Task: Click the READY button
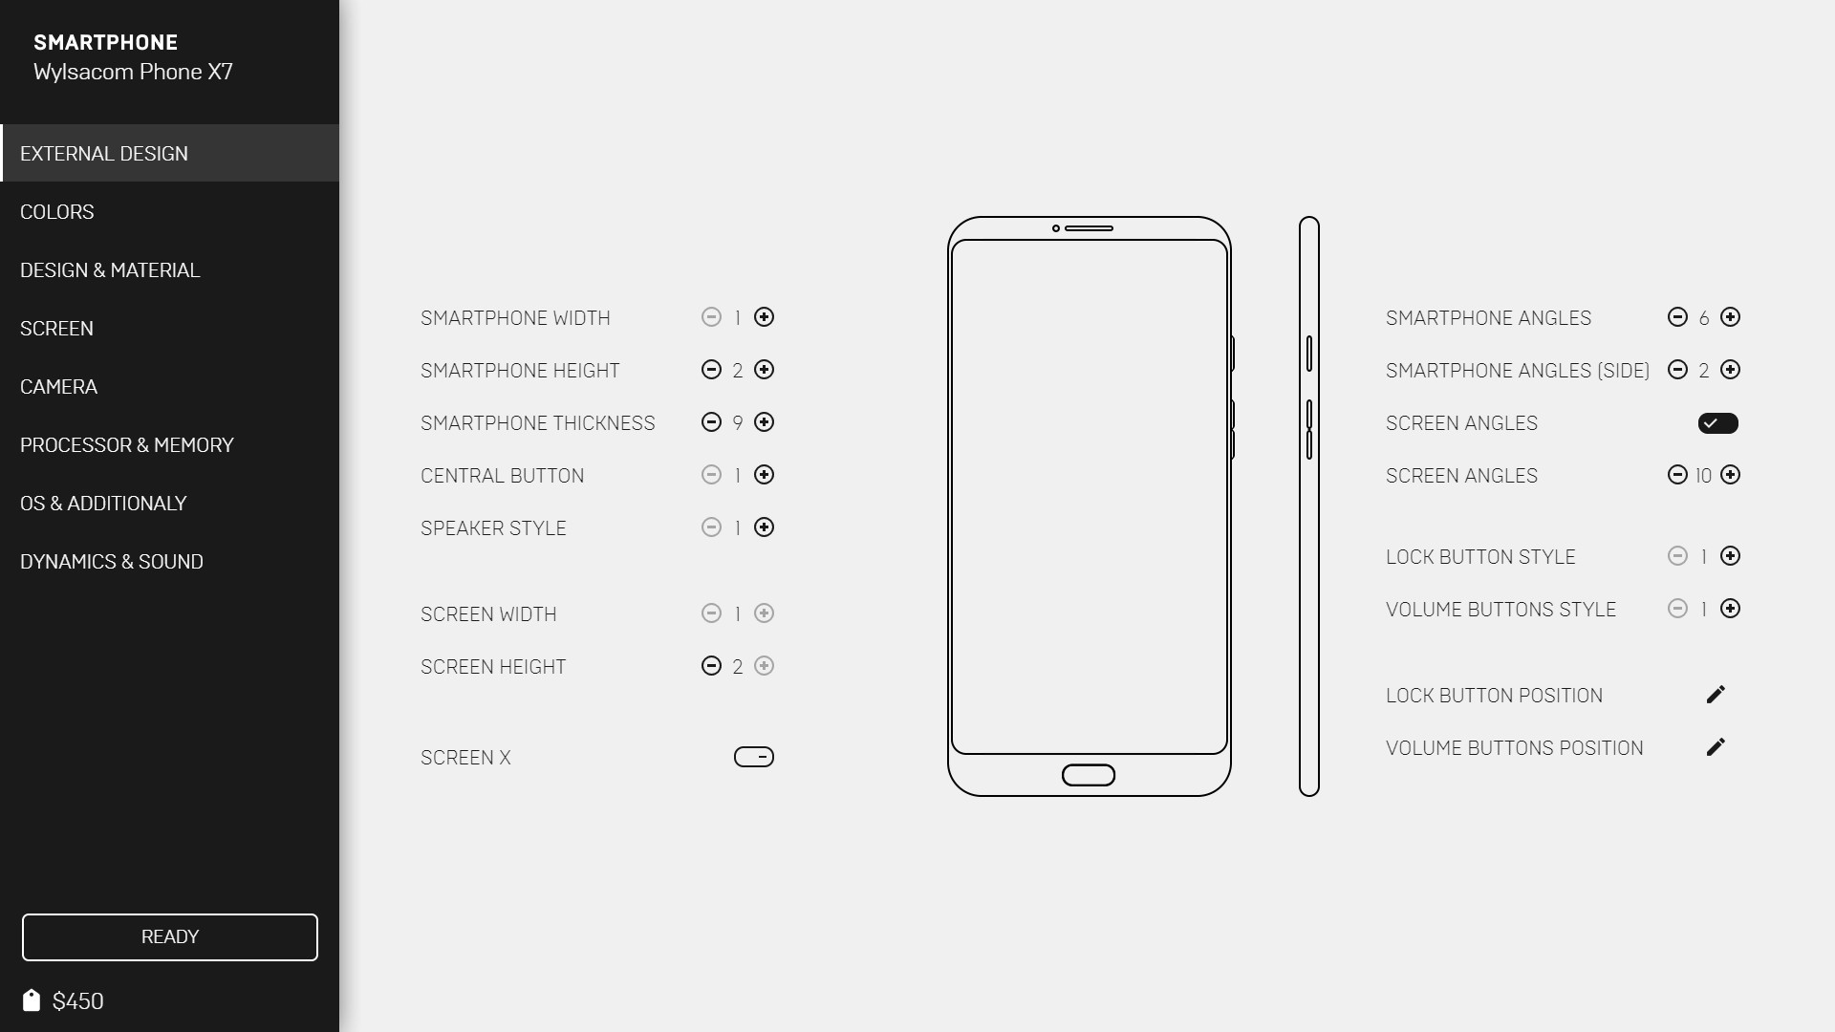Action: [170, 937]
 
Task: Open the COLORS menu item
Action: [57, 212]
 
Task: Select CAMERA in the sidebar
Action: [59, 387]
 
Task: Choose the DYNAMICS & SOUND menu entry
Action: [112, 562]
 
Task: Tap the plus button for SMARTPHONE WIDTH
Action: [764, 317]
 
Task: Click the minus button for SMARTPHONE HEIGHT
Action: [711, 370]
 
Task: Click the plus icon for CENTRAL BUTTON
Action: [764, 475]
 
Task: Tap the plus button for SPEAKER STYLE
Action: [764, 527]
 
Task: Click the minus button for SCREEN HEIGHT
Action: [711, 666]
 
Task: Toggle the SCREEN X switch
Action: [754, 757]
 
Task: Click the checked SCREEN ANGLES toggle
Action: [1717, 423]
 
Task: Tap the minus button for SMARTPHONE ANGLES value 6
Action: [1677, 317]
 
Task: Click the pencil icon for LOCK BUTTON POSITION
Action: [1716, 695]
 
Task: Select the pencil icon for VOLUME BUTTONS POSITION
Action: [1716, 747]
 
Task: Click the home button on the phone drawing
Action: [1089, 775]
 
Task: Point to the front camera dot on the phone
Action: [1056, 228]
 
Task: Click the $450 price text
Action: [77, 1001]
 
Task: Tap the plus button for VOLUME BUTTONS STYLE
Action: [1730, 609]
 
